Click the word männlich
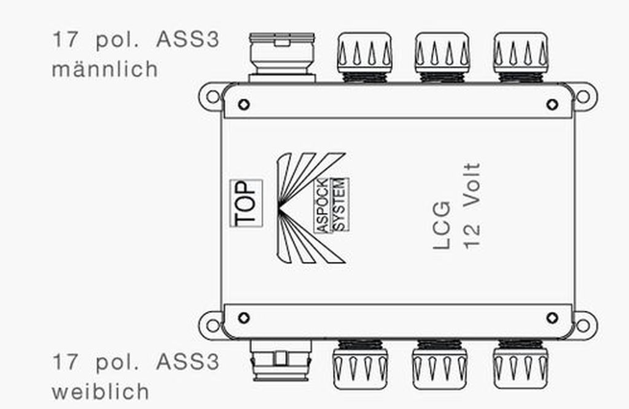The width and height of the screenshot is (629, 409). click(x=105, y=69)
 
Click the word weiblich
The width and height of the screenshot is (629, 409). click(x=100, y=391)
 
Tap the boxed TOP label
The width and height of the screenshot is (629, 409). click(x=246, y=204)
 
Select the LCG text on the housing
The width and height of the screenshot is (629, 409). click(x=442, y=225)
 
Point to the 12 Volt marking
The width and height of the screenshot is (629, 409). click(x=472, y=206)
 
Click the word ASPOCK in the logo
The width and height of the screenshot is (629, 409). click(x=322, y=205)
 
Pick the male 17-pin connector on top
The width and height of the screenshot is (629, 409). click(x=282, y=58)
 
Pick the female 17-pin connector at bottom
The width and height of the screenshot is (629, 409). click(x=281, y=360)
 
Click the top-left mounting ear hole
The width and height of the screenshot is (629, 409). click(x=213, y=96)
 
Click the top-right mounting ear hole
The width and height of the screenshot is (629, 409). click(x=583, y=96)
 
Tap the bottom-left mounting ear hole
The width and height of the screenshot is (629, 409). click(x=213, y=325)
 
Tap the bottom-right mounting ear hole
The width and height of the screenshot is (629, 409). click(x=583, y=325)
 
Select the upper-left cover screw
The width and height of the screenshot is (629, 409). click(x=244, y=105)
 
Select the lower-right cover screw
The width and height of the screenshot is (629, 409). click(x=552, y=318)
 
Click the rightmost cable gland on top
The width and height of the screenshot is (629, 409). click(x=521, y=58)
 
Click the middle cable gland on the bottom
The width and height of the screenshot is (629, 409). click(x=440, y=364)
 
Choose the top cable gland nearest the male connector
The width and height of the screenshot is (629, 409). click(x=364, y=58)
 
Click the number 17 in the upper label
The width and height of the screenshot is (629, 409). click(x=65, y=40)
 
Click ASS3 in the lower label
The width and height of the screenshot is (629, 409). click(x=188, y=362)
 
